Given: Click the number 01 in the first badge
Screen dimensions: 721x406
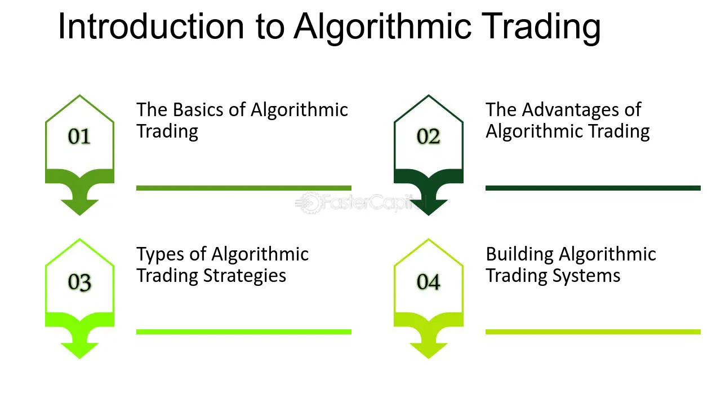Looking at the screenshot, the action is pos(79,136).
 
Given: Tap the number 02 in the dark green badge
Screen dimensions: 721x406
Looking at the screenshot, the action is pos(428,136).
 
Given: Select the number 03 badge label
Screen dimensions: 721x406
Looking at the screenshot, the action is pos(79,283).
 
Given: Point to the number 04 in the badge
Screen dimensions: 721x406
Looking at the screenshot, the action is pos(428,282).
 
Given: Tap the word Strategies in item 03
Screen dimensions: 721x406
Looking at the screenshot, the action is pos(244,276).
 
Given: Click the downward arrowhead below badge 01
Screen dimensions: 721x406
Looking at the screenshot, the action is pos(79,207).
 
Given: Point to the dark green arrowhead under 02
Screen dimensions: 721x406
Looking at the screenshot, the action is pos(429,207).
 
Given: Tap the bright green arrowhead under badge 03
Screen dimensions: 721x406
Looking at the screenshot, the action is pos(79,351).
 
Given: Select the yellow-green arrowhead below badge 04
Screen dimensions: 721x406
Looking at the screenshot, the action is pos(429,351).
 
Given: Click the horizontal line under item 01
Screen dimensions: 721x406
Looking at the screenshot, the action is pos(244,188).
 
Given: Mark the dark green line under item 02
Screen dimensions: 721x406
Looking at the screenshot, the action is pos(593,188).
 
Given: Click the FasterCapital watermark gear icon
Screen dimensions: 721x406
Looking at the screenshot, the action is pos(309,203).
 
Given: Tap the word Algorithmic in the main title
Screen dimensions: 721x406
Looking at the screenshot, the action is pos(382,28).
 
